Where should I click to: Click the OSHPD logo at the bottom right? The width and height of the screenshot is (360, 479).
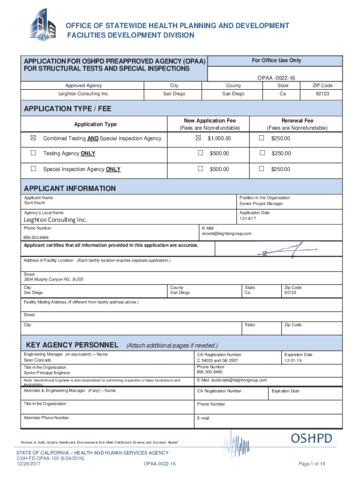click(x=311, y=438)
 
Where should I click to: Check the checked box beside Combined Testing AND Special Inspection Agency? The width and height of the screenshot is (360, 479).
click(x=33, y=138)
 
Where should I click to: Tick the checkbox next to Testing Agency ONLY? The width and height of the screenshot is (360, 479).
click(x=33, y=153)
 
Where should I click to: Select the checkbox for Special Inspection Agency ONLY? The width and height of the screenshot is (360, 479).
click(x=33, y=169)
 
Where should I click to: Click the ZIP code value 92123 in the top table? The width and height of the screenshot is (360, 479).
click(x=322, y=94)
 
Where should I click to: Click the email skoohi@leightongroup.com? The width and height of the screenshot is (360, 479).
click(x=227, y=233)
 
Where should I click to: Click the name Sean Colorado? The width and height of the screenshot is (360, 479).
click(x=37, y=361)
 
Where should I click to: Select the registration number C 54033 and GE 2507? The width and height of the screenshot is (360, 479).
click(x=217, y=361)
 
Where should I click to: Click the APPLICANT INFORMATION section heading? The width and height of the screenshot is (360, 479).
click(x=70, y=189)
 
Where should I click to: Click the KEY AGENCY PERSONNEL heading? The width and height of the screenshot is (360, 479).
click(x=72, y=345)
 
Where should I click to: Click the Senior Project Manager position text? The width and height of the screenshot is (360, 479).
click(x=261, y=204)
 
